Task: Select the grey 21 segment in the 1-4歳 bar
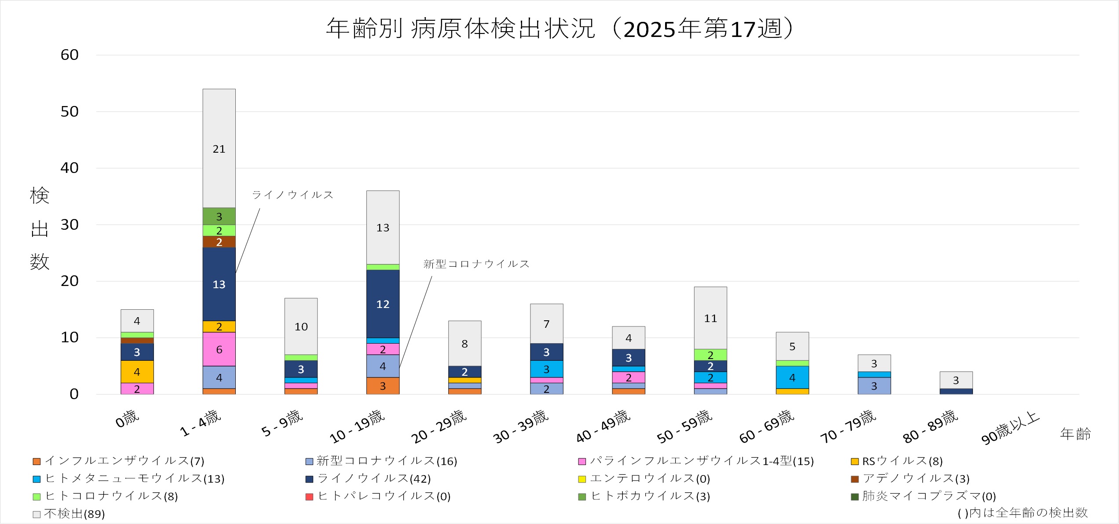219,148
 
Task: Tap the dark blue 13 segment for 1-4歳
219,284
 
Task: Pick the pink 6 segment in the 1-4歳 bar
219,349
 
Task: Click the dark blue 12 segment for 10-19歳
383,304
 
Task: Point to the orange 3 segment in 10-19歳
383,386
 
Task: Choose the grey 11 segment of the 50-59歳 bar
710,318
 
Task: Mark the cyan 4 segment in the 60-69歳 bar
792,377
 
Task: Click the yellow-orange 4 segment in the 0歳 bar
137,372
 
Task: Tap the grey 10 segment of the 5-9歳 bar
301,326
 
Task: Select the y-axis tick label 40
69,168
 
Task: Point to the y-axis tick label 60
69,55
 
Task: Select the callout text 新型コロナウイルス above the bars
476,264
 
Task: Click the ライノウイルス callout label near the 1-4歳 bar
293,195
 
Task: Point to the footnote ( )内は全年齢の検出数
1022,513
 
